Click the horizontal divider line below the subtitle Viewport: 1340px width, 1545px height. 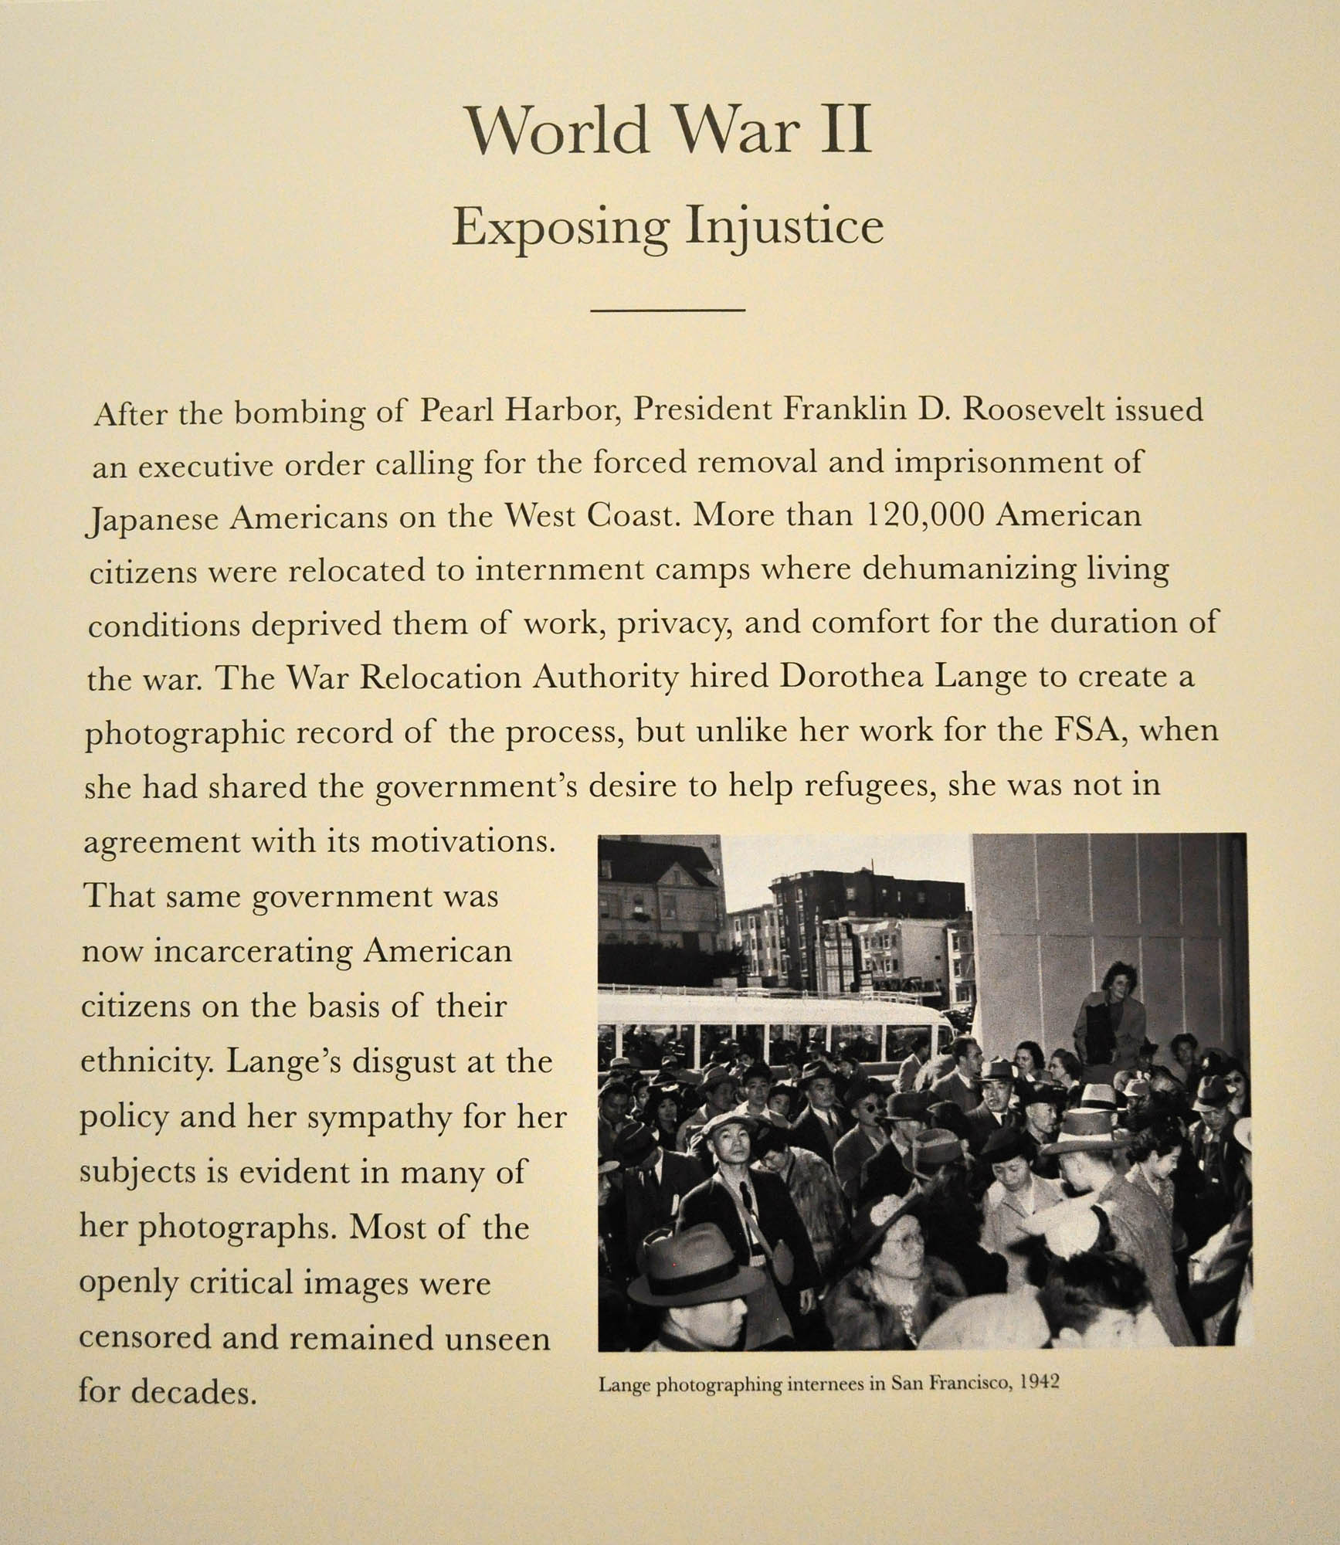[667, 311]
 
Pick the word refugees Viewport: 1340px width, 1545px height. [871, 785]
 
